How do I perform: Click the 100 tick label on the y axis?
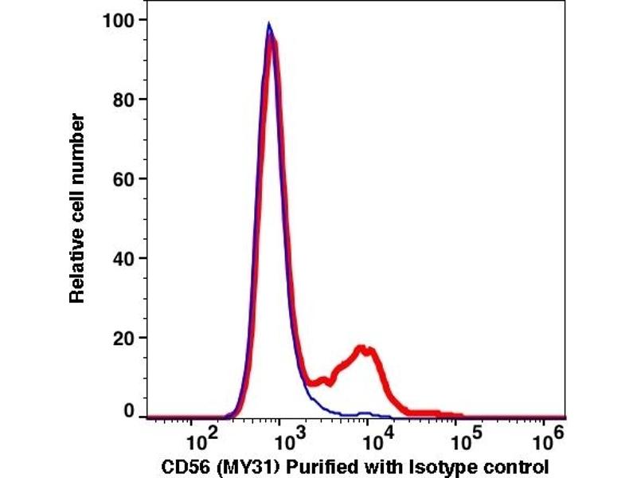pos(115,20)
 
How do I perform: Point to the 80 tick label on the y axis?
pos(119,100)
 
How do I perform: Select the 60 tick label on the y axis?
pos(119,179)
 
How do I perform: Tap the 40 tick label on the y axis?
pos(119,259)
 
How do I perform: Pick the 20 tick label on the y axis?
pos(119,338)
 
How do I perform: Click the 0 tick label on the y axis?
pos(126,411)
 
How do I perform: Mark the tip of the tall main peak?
pos(270,25)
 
